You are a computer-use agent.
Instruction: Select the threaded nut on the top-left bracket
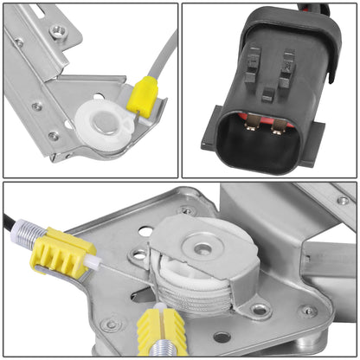pyautogui.click(x=58, y=31)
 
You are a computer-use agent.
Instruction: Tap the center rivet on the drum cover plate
pyautogui.click(x=202, y=249)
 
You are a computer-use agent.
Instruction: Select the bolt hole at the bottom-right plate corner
pyautogui.click(x=307, y=311)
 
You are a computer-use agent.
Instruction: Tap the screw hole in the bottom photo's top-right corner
pyautogui.click(x=344, y=200)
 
